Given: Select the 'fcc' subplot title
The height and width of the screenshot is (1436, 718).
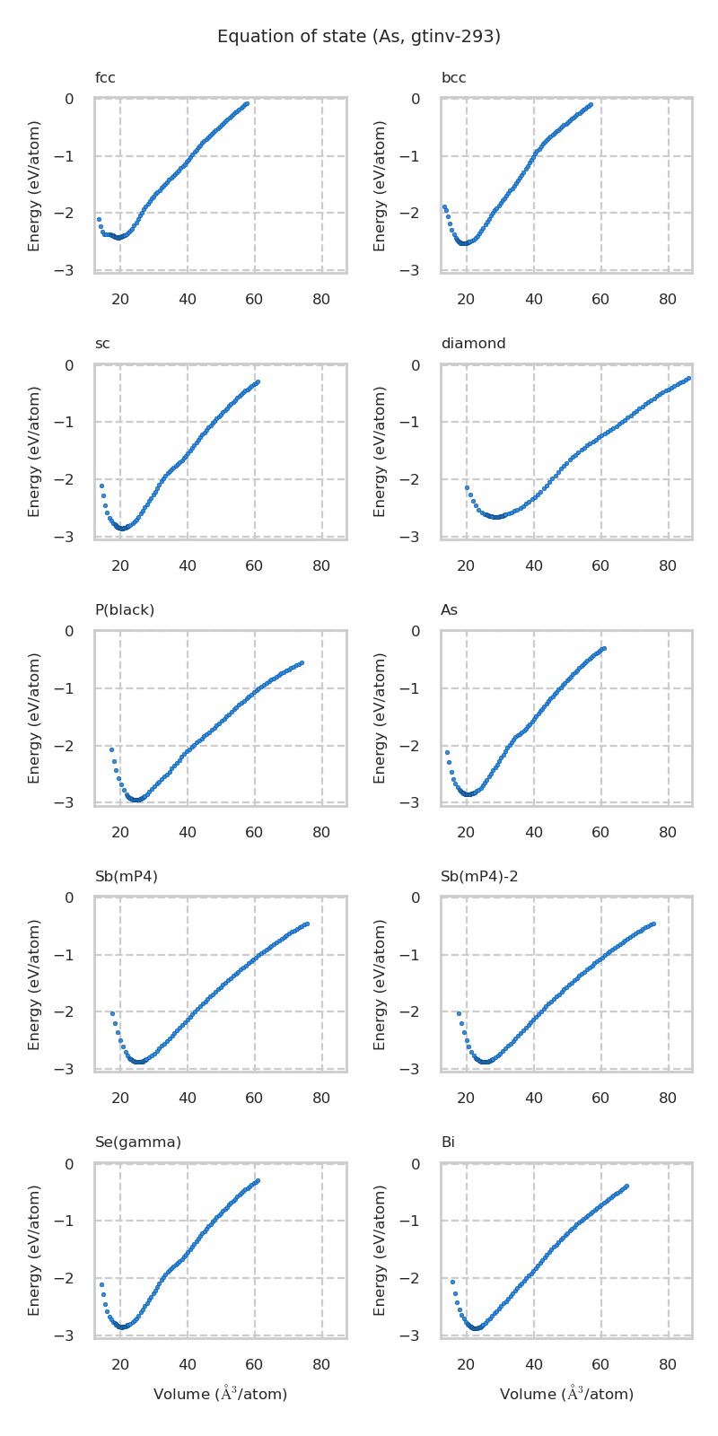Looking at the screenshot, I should (x=105, y=78).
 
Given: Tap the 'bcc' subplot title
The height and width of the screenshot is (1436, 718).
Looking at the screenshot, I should (x=453, y=78).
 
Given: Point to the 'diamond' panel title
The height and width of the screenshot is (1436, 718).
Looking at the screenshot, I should (x=473, y=344).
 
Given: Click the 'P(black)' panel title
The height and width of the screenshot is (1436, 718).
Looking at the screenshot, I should (x=125, y=610).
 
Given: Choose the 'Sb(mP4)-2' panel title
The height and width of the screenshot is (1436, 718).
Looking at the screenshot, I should (x=479, y=877).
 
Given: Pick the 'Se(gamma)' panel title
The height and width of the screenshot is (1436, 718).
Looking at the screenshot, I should (x=138, y=1143).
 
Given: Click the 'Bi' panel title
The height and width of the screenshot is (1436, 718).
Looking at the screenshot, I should (x=448, y=1143).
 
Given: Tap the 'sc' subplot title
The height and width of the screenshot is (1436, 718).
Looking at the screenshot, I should (x=102, y=344).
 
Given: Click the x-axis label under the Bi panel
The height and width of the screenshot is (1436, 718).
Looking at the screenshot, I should (x=566, y=1394).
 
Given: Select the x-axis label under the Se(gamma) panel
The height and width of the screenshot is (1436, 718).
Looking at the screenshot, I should (x=220, y=1394).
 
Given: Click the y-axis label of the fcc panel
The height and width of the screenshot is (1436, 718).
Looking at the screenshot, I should (x=34, y=186).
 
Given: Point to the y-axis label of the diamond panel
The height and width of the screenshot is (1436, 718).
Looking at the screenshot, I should (x=380, y=451).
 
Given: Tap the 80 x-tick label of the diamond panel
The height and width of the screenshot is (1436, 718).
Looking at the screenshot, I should (x=668, y=565).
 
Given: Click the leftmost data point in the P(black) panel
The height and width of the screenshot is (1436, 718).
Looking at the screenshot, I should (x=111, y=749).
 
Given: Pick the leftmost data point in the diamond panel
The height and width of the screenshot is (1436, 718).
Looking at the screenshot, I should (x=467, y=487).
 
